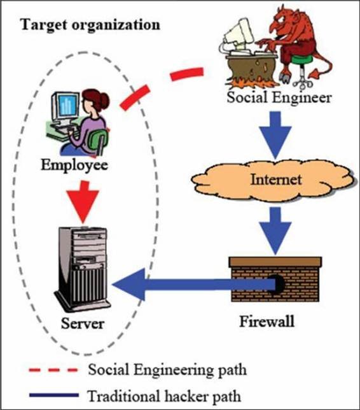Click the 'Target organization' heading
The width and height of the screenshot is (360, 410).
pos(90,25)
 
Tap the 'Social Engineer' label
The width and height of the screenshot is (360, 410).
pos(279,97)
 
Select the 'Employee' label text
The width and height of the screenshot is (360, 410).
pos(74,166)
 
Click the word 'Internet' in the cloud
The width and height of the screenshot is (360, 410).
pos(276,180)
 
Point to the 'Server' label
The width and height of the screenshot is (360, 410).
pos(83,323)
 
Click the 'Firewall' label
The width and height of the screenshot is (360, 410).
pos(267,322)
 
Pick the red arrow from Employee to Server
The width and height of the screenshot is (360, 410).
pos(83,202)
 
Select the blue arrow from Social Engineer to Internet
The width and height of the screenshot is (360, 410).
pos(275,135)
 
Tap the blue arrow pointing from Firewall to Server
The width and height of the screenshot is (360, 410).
pos(194,284)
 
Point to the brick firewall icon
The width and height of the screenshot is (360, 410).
pos(275,279)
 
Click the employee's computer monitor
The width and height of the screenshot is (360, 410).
pos(66,107)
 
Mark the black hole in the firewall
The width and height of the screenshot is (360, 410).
pos(278,284)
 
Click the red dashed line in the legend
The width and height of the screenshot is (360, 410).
pos(53,371)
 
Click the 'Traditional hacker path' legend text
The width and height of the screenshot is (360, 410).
pos(164,396)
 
